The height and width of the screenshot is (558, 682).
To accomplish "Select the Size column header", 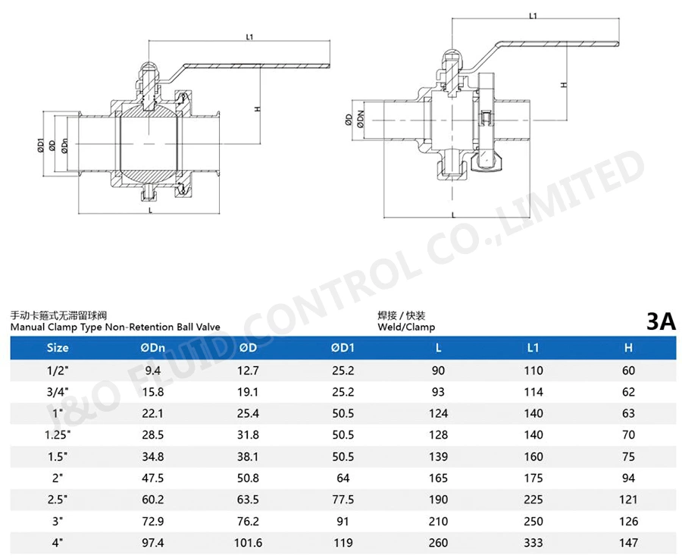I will [x=58, y=348].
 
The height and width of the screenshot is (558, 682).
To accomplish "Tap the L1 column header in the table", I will [x=533, y=348].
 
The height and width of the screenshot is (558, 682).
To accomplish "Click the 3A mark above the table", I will [x=661, y=321].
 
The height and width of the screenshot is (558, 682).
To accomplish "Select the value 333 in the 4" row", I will [x=533, y=544].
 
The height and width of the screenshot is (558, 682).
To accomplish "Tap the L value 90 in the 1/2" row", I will [x=438, y=371].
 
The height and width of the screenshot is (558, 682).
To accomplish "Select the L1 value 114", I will [x=533, y=392].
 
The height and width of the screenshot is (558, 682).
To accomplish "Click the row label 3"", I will [x=58, y=522].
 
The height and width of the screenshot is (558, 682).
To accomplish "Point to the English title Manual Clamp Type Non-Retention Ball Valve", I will [x=115, y=327].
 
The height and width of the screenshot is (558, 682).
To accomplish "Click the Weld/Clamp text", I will [x=406, y=327].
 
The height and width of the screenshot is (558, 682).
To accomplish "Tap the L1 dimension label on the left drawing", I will [x=250, y=36].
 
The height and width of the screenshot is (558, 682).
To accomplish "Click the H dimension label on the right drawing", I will [x=564, y=85].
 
